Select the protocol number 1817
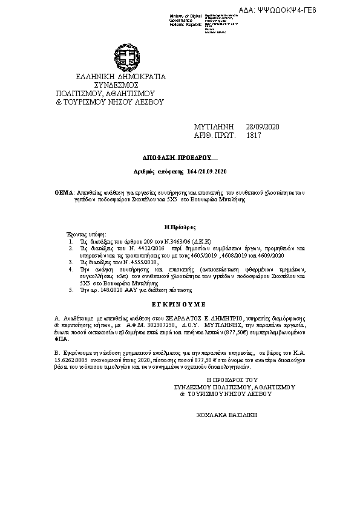tap(254, 136)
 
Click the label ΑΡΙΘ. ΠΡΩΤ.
tap(214, 136)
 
